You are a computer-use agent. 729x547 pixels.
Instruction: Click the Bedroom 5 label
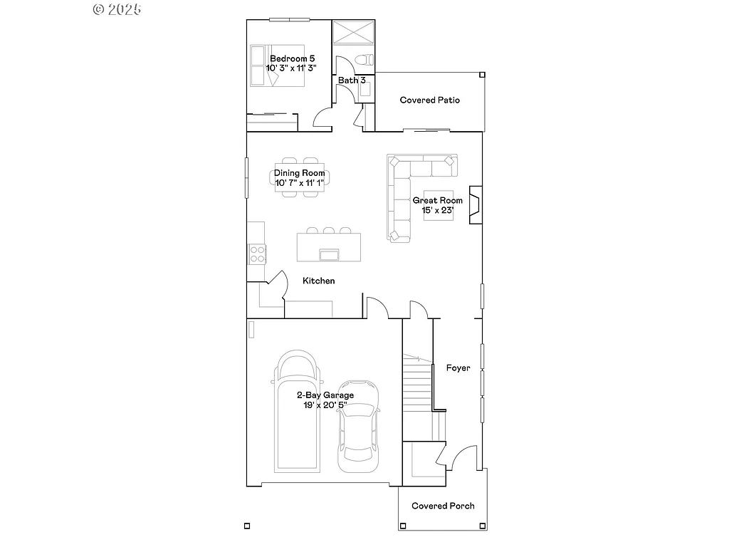pyautogui.click(x=292, y=58)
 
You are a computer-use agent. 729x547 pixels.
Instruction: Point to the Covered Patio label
pyautogui.click(x=429, y=100)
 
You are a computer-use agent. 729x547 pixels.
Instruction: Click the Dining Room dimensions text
pyautogui.click(x=300, y=183)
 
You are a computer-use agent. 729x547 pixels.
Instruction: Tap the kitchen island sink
pyautogui.click(x=329, y=255)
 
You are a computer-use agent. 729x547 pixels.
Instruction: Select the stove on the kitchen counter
pyautogui.click(x=256, y=254)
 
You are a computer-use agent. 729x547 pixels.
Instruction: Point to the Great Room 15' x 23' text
pyautogui.click(x=437, y=210)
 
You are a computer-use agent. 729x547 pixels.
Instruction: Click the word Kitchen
pyautogui.click(x=318, y=281)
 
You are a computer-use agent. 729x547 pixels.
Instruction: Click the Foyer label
pyautogui.click(x=458, y=368)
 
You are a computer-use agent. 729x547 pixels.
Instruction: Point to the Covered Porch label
pyautogui.click(x=443, y=506)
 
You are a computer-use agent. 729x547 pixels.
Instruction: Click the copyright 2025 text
pyautogui.click(x=117, y=9)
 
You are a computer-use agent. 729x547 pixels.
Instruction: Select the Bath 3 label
pyautogui.click(x=352, y=80)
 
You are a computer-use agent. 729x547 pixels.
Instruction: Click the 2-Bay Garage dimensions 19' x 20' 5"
pyautogui.click(x=325, y=405)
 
